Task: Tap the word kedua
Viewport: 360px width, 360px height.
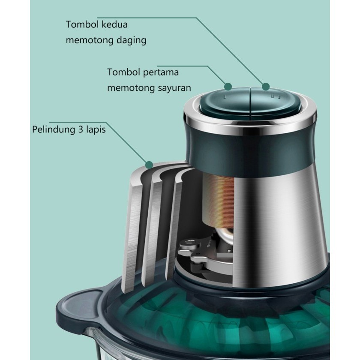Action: click(114, 24)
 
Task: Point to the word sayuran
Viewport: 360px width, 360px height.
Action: click(174, 88)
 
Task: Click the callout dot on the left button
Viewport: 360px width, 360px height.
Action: click(228, 86)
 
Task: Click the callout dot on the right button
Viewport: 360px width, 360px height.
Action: click(266, 86)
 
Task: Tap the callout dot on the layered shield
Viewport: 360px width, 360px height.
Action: click(149, 164)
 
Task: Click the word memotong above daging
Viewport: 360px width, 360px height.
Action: click(86, 41)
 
